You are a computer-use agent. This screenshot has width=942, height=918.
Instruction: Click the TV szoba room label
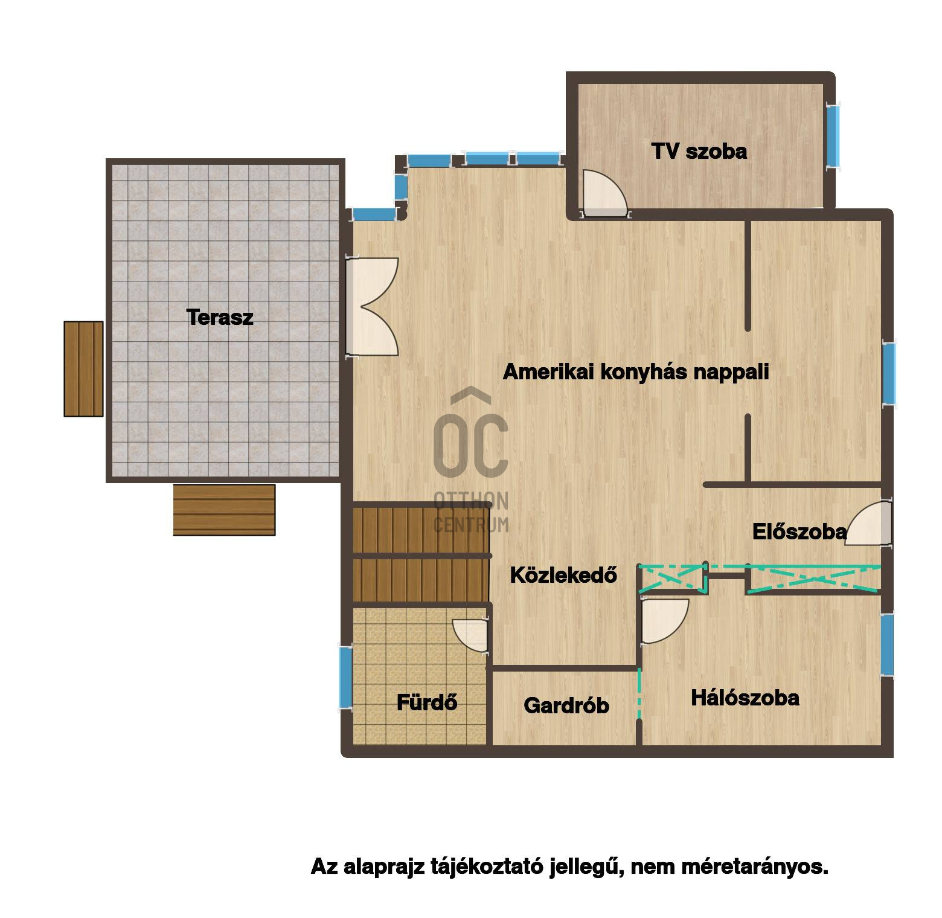click(699, 151)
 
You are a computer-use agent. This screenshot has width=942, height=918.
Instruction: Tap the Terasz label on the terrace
click(220, 317)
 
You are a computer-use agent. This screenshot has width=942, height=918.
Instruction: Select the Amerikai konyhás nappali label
click(636, 372)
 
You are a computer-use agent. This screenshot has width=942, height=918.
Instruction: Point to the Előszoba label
click(799, 531)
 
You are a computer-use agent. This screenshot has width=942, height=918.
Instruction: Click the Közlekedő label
click(563, 575)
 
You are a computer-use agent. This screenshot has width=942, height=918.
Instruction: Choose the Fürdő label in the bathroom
click(427, 702)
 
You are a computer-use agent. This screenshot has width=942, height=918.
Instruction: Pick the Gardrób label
click(566, 705)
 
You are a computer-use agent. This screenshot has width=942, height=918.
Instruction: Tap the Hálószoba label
click(745, 698)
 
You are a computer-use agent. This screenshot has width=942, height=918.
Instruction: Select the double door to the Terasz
click(372, 307)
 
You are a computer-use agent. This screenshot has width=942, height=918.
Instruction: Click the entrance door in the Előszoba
click(868, 523)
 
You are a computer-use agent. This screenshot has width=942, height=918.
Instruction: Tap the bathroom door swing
click(470, 635)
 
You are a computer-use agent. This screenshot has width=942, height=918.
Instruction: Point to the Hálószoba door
click(664, 621)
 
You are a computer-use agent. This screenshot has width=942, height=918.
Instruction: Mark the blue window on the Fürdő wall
click(345, 677)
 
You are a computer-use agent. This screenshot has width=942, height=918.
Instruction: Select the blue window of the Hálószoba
click(886, 644)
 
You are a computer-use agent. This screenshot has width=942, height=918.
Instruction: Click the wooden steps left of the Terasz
click(84, 369)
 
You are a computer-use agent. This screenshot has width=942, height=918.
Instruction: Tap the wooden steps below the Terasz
click(224, 510)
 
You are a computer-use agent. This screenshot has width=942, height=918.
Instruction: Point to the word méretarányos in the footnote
click(755, 867)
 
